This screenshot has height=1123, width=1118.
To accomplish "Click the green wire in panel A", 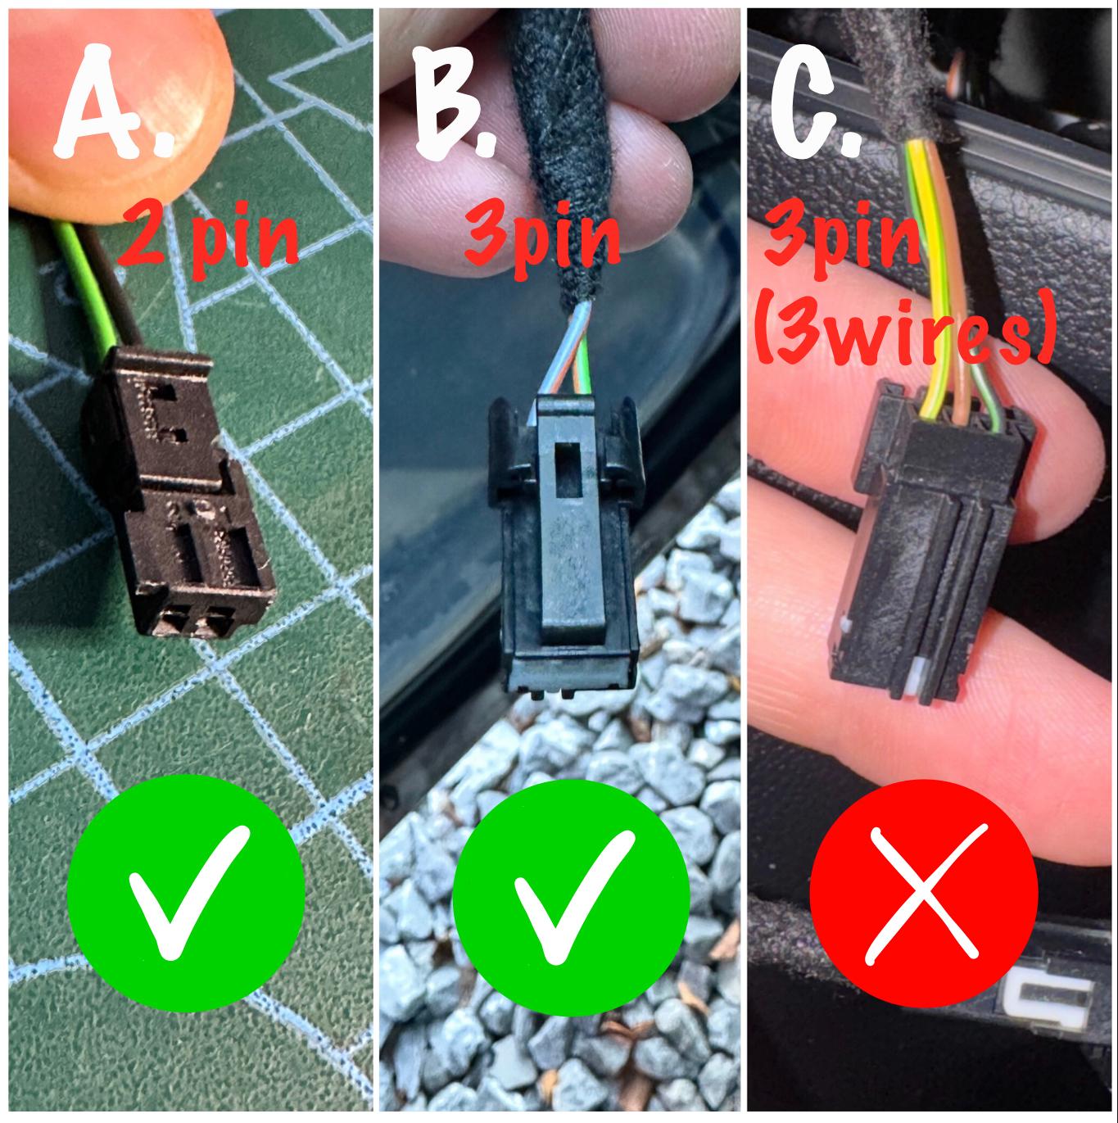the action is tap(88, 286).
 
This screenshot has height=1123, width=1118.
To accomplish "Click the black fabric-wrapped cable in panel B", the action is tap(557, 157).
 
